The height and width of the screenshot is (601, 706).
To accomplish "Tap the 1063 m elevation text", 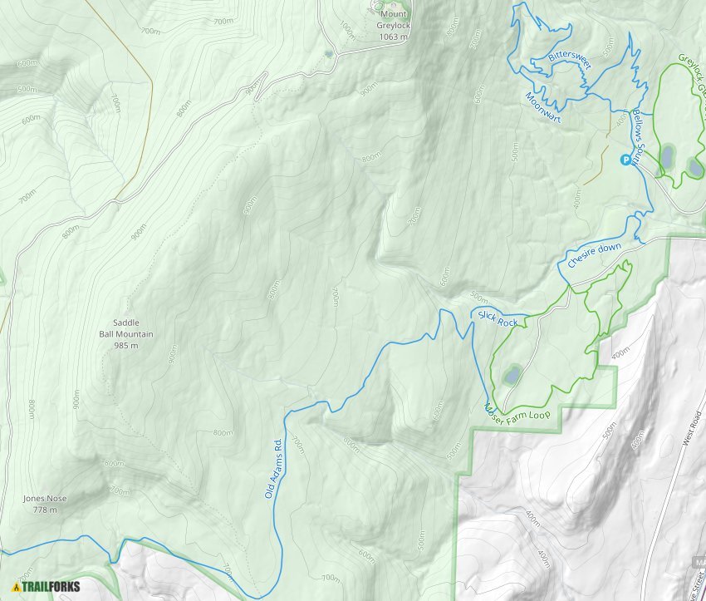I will (x=394, y=37).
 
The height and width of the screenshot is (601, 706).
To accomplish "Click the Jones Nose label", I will (x=45, y=499).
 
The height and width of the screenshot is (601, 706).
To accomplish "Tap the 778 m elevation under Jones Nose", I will (x=45, y=510).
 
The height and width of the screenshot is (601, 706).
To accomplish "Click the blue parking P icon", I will (x=625, y=160).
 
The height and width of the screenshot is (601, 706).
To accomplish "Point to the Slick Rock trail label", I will (x=498, y=318).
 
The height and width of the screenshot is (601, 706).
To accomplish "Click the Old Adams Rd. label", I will (x=275, y=468).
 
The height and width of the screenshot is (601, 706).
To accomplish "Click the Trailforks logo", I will (x=47, y=586).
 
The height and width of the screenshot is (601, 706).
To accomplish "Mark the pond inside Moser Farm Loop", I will (x=512, y=375).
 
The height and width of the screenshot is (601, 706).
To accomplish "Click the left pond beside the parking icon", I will (x=667, y=155).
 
